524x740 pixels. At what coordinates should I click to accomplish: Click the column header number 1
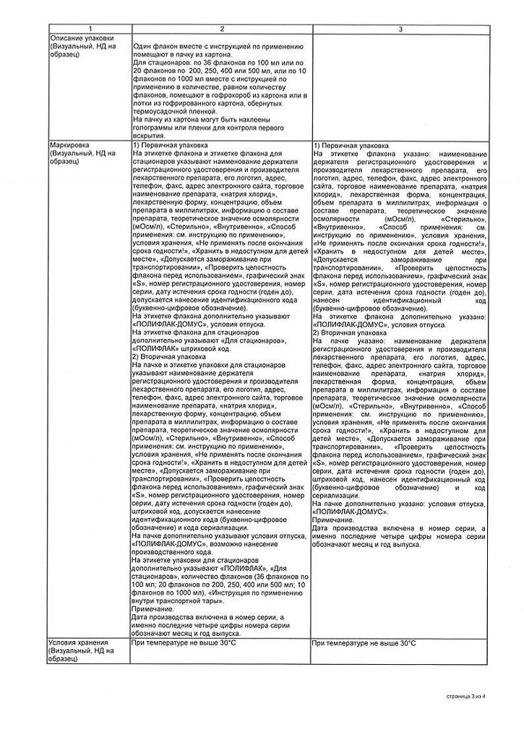click(x=89, y=29)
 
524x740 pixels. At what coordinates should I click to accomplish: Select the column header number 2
click(x=221, y=29)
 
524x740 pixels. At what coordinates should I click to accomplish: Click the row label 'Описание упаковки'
click(x=80, y=38)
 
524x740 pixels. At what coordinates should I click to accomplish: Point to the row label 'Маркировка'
click(x=69, y=145)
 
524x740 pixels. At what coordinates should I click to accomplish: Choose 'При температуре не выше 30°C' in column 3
click(x=364, y=642)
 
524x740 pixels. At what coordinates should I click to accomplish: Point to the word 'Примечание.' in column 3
click(x=334, y=520)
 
